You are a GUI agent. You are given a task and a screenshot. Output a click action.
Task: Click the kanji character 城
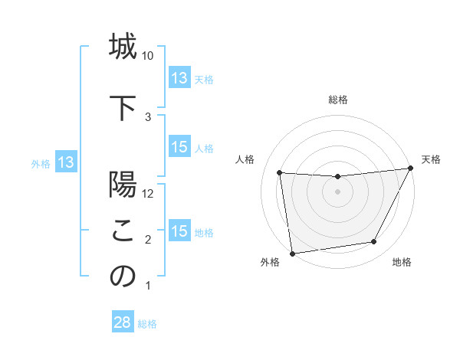123,47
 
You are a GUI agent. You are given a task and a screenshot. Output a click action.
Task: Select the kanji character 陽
123,186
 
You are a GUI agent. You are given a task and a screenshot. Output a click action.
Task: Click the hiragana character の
123,277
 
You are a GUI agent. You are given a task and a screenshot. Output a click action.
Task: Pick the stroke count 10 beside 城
148,56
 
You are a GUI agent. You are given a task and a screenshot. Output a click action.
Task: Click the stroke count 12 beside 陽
149,194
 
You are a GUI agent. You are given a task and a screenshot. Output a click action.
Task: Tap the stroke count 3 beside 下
148,116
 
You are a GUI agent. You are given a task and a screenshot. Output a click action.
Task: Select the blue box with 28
123,322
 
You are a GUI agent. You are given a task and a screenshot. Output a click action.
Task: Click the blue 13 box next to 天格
179,78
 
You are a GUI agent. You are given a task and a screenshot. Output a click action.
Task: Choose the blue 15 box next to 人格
179,148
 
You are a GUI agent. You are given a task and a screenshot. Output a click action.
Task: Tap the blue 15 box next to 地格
179,231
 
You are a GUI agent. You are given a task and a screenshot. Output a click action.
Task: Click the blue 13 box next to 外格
66,162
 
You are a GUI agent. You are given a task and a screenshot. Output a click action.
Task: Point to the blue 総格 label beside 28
147,323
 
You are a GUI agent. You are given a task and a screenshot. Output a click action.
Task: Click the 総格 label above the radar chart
337,100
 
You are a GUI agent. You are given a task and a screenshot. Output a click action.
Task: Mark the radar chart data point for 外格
291,253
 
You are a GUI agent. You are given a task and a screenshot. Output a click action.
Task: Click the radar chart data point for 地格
374,242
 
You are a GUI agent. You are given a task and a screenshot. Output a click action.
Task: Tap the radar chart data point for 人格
280,173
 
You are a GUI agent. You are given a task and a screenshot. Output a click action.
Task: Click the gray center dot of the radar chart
337,191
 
